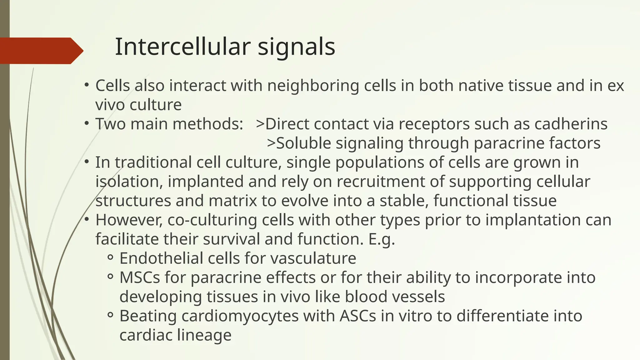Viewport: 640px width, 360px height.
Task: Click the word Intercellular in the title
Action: tap(183, 47)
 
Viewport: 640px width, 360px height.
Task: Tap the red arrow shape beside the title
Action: tap(41, 51)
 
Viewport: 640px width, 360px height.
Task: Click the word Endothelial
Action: tap(161, 258)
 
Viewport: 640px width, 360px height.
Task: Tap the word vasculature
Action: tap(313, 258)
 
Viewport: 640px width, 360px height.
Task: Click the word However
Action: tap(129, 220)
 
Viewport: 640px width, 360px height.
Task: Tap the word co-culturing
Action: tap(212, 220)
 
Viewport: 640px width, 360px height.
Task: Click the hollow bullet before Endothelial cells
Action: tap(110, 258)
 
